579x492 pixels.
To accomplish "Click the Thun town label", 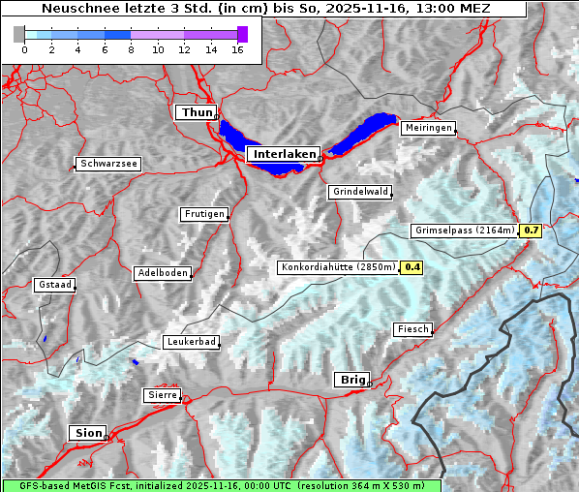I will coord(196,113).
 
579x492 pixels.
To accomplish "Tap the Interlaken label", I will coord(283,154).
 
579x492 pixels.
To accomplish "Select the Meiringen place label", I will coord(427,128).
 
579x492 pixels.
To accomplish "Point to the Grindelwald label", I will coord(360,192).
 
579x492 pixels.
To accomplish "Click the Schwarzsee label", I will coord(108,165).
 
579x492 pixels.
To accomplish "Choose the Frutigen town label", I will coord(203,214).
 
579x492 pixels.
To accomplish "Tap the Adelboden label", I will coord(162,273).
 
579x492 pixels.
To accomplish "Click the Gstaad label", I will coord(54,285).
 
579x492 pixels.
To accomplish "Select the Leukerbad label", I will coord(191,342).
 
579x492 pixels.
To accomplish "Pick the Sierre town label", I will coord(162,395).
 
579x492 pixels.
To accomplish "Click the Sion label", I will coord(86,433).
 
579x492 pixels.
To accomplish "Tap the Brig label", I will coord(351,380).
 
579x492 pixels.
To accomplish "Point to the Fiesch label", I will coord(412,329).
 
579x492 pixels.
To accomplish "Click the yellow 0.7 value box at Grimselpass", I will coord(531,231).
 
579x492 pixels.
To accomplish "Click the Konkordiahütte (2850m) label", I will coord(338,267).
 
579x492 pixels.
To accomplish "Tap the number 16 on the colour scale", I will coord(237,49).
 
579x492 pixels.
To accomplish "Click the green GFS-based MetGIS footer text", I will coord(221,485).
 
